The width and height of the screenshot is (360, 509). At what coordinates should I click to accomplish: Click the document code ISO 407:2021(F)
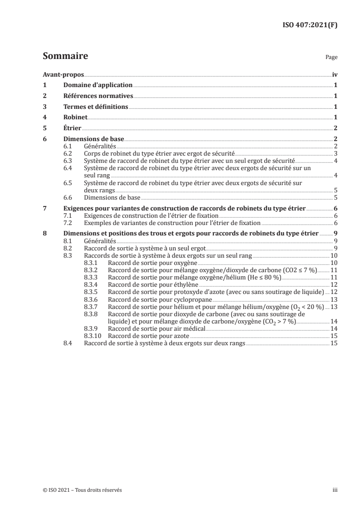[x=307, y=25]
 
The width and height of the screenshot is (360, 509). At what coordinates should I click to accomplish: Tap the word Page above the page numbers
[x=331, y=58]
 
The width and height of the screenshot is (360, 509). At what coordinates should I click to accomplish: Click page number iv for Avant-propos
[x=335, y=75]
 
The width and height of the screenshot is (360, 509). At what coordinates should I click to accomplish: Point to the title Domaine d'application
[x=98, y=85]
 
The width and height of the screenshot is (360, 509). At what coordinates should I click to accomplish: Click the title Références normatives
[x=98, y=96]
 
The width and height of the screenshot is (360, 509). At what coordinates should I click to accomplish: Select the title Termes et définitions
[x=95, y=107]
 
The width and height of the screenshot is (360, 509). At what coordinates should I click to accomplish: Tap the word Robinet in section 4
[x=75, y=117]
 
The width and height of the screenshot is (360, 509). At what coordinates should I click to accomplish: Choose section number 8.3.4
[x=92, y=284]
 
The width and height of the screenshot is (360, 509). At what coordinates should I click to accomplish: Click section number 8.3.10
[x=94, y=336]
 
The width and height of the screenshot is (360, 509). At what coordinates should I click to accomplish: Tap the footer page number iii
[x=335, y=490]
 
